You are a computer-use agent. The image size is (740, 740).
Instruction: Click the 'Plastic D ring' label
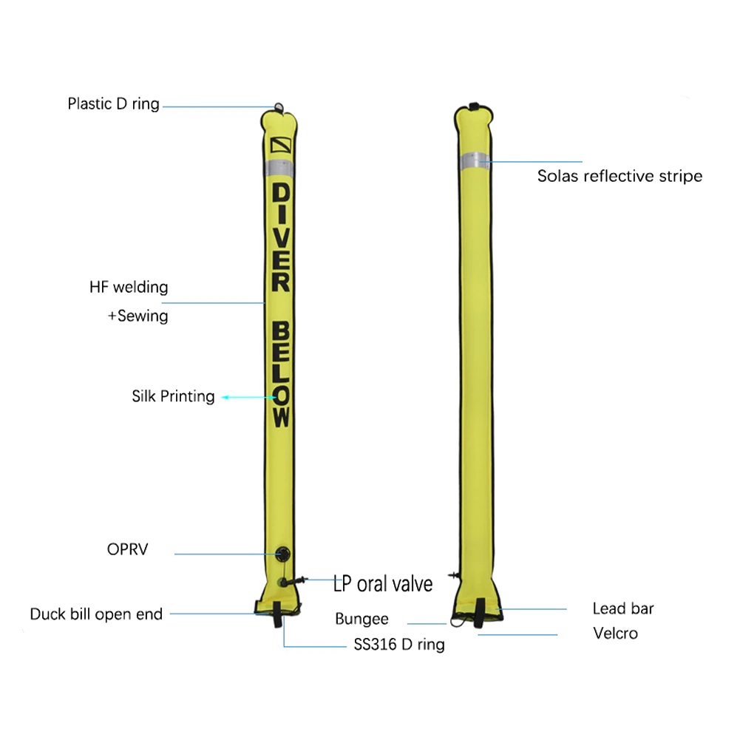[x=113, y=103]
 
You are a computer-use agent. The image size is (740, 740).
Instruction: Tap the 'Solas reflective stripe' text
[x=620, y=176]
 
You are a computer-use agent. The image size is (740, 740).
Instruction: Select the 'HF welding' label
[x=129, y=287]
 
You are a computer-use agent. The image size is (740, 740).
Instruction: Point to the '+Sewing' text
[x=138, y=316]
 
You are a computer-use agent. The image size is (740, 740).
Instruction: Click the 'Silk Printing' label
[x=173, y=396]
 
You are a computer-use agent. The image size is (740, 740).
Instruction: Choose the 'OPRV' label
[x=127, y=550]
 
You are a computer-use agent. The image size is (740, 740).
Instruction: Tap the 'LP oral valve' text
[x=383, y=583]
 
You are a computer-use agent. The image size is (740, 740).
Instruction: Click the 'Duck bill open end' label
[x=96, y=614]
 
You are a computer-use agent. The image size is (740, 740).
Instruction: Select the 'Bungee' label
[x=361, y=620]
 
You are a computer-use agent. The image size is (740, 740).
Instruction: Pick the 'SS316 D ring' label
[x=399, y=645]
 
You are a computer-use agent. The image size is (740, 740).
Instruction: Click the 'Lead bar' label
[x=622, y=609]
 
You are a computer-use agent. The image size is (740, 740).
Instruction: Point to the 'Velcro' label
[x=615, y=634]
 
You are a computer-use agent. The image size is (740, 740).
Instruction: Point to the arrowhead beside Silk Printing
[x=226, y=397]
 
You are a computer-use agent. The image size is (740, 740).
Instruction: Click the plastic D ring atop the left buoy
[x=278, y=108]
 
